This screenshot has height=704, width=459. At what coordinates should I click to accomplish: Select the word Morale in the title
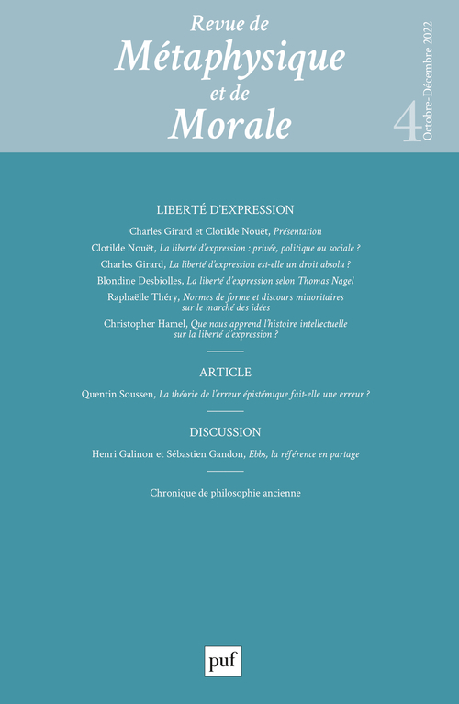coord(229,121)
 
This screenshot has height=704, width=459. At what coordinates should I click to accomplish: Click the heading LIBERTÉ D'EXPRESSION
coord(225,209)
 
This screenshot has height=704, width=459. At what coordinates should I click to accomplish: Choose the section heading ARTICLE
coord(225,372)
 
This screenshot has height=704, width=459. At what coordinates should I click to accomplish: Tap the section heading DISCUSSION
coord(225,431)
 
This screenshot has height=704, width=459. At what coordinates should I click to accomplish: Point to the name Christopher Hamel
coord(147,325)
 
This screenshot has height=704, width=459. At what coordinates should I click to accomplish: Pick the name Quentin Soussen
coord(117,395)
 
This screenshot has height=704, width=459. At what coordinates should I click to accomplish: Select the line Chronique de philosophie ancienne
coord(225,493)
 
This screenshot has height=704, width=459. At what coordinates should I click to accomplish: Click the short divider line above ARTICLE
coord(225,352)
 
